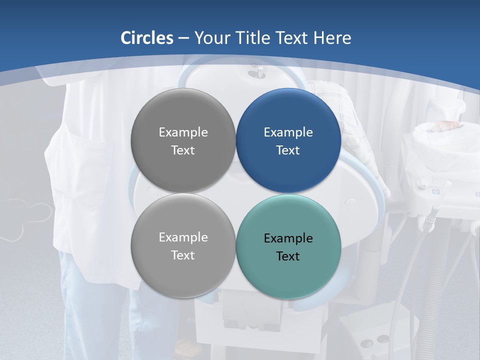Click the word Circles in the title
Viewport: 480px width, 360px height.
[147, 38]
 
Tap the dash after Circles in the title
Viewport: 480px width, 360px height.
[183, 38]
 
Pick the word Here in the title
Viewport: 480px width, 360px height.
[332, 38]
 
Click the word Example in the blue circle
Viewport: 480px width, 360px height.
[288, 132]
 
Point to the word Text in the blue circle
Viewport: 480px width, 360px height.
[288, 150]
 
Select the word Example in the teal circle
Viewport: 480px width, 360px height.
[288, 238]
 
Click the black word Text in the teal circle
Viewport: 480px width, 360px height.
[288, 256]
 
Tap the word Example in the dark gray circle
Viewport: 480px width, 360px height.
[183, 132]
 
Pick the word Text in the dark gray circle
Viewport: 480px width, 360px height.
[183, 150]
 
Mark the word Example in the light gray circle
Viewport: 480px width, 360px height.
[183, 237]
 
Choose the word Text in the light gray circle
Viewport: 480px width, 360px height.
[183, 255]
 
